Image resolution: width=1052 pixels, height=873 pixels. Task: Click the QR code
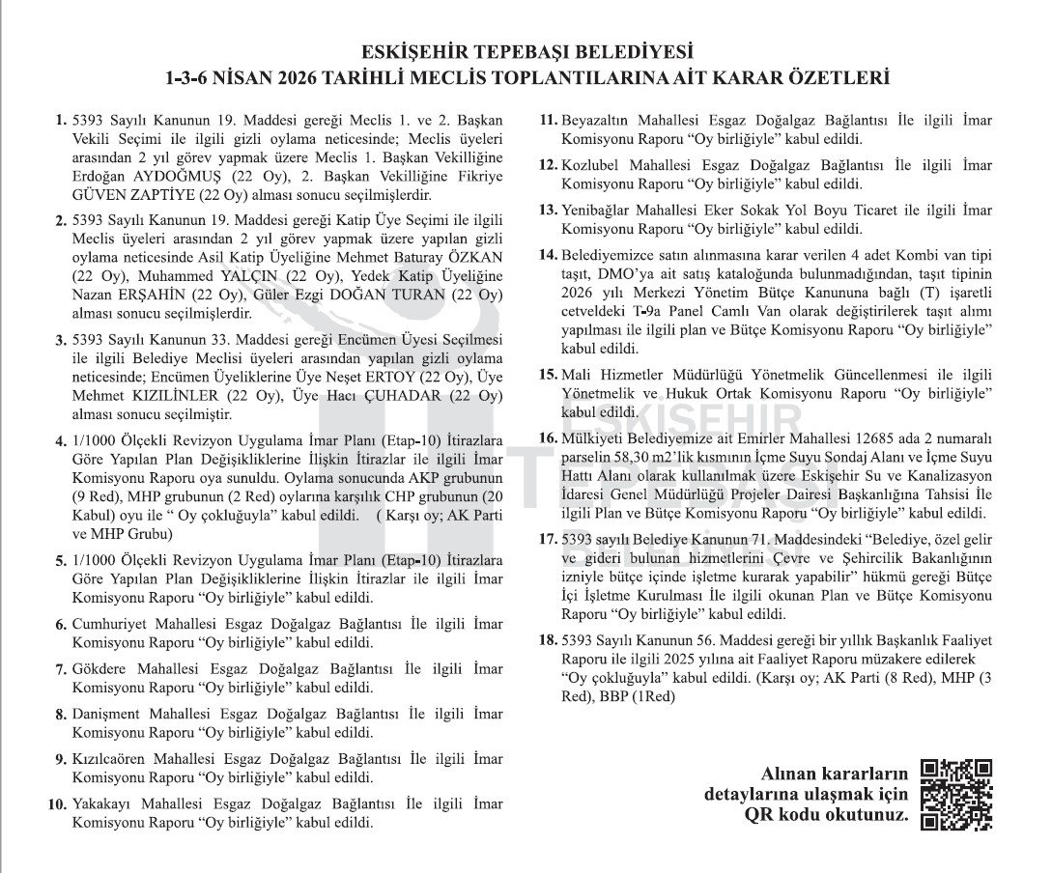click(x=956, y=796)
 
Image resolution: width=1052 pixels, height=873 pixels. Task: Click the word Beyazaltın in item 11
click(x=603, y=121)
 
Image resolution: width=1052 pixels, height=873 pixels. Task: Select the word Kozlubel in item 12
click(x=593, y=165)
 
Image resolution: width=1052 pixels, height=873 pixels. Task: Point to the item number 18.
click(x=549, y=640)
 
